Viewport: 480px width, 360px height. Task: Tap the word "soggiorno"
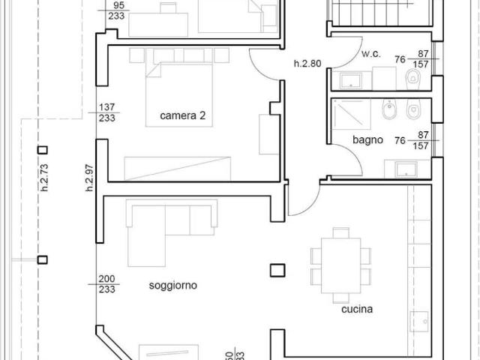173,286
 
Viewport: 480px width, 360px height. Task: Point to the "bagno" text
367,139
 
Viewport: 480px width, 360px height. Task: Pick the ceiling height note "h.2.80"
307,64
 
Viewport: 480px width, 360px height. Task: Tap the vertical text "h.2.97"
88,178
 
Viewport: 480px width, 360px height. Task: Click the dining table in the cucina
340,259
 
